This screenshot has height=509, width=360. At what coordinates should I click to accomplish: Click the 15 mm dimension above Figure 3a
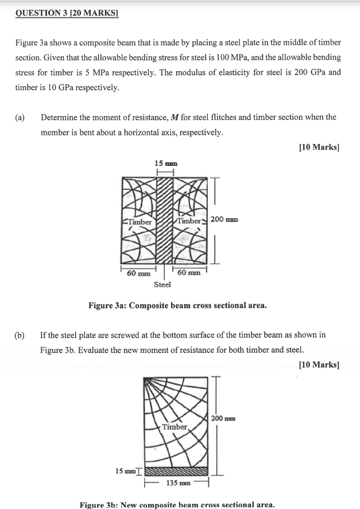[x=166, y=164]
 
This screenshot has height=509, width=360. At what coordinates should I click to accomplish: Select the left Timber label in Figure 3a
[x=139, y=222]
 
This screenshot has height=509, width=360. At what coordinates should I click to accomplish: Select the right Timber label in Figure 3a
[x=189, y=221]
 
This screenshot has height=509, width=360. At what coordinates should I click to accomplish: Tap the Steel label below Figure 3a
[x=162, y=285]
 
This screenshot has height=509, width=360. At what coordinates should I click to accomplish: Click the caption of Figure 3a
[x=177, y=305]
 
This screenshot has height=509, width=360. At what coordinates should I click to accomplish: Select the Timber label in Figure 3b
[x=175, y=426]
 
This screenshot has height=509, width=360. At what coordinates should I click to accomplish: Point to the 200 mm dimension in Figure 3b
[x=224, y=418]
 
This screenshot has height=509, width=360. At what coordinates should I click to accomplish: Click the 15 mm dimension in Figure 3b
[x=125, y=471]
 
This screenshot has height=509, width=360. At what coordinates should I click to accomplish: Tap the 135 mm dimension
[x=175, y=483]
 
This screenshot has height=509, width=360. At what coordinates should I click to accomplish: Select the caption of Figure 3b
[x=177, y=504]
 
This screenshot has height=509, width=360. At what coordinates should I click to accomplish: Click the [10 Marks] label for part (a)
[x=319, y=147]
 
